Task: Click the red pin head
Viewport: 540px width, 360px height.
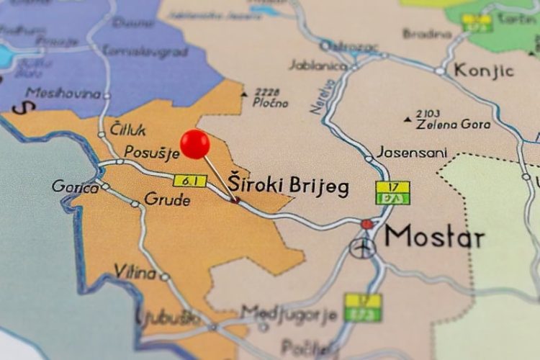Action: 194,144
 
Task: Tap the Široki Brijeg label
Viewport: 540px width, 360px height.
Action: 288,185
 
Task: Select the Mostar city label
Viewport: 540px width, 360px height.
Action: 434,236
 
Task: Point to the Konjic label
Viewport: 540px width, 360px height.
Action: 483,71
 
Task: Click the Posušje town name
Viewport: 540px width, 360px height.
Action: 151,153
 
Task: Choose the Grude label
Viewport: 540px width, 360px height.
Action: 167,199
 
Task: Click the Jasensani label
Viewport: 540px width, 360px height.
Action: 411,153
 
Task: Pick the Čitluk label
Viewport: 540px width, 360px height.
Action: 128,130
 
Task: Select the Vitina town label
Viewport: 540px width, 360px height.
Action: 135,272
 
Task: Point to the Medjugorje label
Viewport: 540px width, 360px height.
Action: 289,314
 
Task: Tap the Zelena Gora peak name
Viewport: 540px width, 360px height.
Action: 453,124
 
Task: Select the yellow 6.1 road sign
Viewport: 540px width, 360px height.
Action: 190,181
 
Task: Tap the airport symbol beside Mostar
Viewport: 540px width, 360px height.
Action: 363,248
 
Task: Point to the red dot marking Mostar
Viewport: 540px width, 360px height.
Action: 367,225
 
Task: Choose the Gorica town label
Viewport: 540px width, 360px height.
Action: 75,187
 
